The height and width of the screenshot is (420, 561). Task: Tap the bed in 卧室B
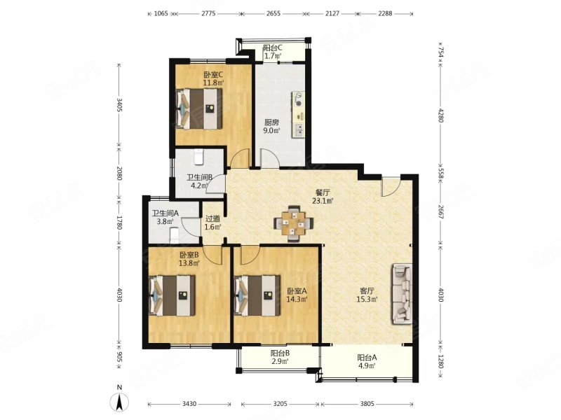tap(172, 295)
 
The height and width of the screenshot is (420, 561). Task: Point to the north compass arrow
tap(120, 402)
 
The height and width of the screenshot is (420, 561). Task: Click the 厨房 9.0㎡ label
tap(272, 125)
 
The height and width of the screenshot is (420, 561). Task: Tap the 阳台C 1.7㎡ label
tap(273, 52)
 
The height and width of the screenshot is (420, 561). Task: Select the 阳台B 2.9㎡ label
tap(280, 358)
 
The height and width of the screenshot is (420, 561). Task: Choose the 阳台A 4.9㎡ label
tap(367, 360)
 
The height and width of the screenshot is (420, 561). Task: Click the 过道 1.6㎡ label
tap(212, 222)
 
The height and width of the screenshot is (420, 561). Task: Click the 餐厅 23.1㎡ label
tap(322, 196)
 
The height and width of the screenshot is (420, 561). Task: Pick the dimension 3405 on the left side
tap(119, 106)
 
